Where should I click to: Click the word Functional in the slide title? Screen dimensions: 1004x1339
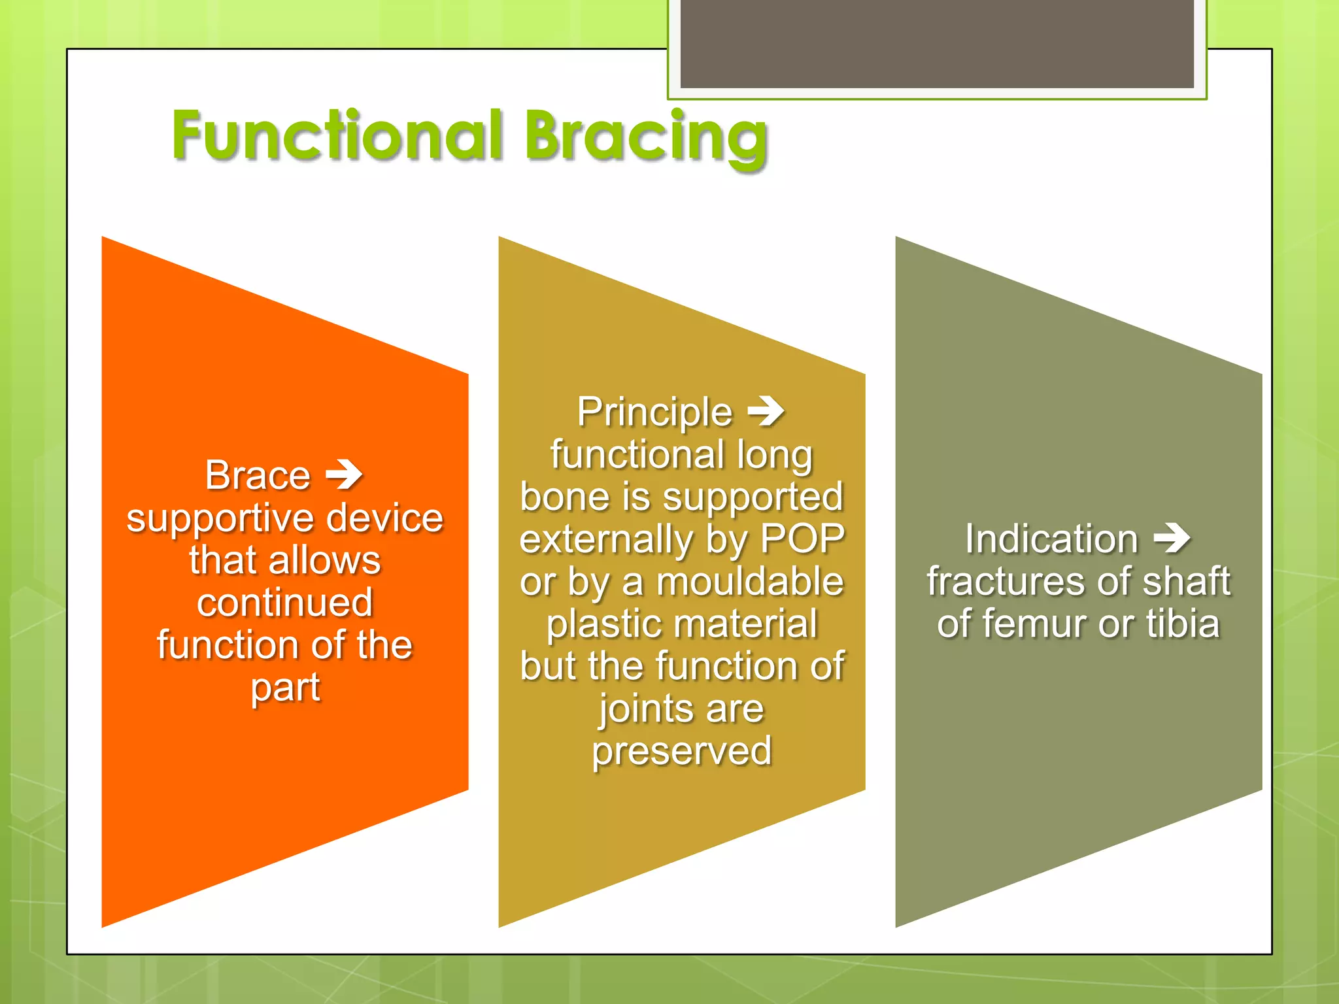tap(337, 135)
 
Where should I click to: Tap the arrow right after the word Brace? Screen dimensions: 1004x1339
tap(345, 475)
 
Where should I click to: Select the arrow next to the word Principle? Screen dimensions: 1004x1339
tap(766, 412)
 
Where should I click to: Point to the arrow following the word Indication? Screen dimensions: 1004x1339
tap(1172, 539)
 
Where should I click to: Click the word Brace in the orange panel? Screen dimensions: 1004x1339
tap(258, 475)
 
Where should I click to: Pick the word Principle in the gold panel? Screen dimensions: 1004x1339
tap(654, 412)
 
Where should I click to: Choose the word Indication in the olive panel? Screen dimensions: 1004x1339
tap(1051, 539)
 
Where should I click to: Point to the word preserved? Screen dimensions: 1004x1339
tap(682, 751)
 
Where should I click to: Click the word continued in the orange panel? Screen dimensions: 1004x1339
tap(285, 603)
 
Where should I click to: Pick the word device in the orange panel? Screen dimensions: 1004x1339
tap(384, 518)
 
